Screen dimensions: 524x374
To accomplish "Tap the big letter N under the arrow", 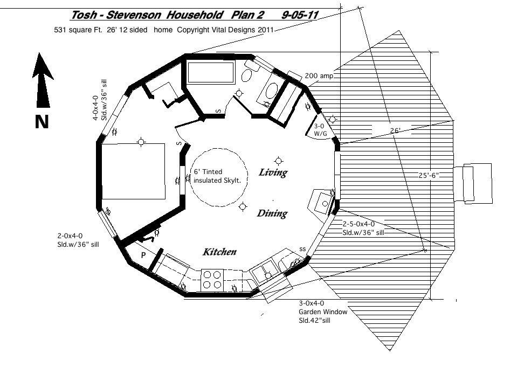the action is pyautogui.click(x=42, y=122).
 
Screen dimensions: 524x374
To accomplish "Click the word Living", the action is pyautogui.click(x=273, y=172).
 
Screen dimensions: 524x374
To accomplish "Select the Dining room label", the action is pyautogui.click(x=272, y=213).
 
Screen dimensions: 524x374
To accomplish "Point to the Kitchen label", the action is pyautogui.click(x=219, y=252).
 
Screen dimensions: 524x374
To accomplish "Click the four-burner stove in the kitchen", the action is pyautogui.click(x=212, y=280).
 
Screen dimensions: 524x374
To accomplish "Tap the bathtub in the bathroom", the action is pyautogui.click(x=211, y=72).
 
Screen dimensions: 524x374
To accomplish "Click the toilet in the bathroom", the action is pyautogui.click(x=249, y=71).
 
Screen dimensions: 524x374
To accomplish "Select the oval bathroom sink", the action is pyautogui.click(x=272, y=91).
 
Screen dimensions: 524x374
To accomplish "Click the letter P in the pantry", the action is pyautogui.click(x=143, y=255).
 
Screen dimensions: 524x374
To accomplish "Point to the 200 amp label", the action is pyautogui.click(x=319, y=76).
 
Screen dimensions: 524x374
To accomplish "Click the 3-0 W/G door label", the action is pyautogui.click(x=320, y=130).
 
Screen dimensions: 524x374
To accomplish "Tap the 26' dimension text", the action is pyautogui.click(x=395, y=130).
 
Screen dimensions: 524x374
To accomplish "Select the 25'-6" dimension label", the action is pyautogui.click(x=429, y=175).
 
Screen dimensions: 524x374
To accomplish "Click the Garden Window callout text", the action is pyautogui.click(x=323, y=312).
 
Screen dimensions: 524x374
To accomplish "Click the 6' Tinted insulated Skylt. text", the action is pyautogui.click(x=217, y=176).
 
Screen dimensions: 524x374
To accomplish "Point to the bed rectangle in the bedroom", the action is pyautogui.click(x=133, y=171).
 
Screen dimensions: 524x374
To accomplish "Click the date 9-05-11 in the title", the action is pyautogui.click(x=300, y=15).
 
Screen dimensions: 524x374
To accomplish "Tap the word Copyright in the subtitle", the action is pyautogui.click(x=193, y=30).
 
